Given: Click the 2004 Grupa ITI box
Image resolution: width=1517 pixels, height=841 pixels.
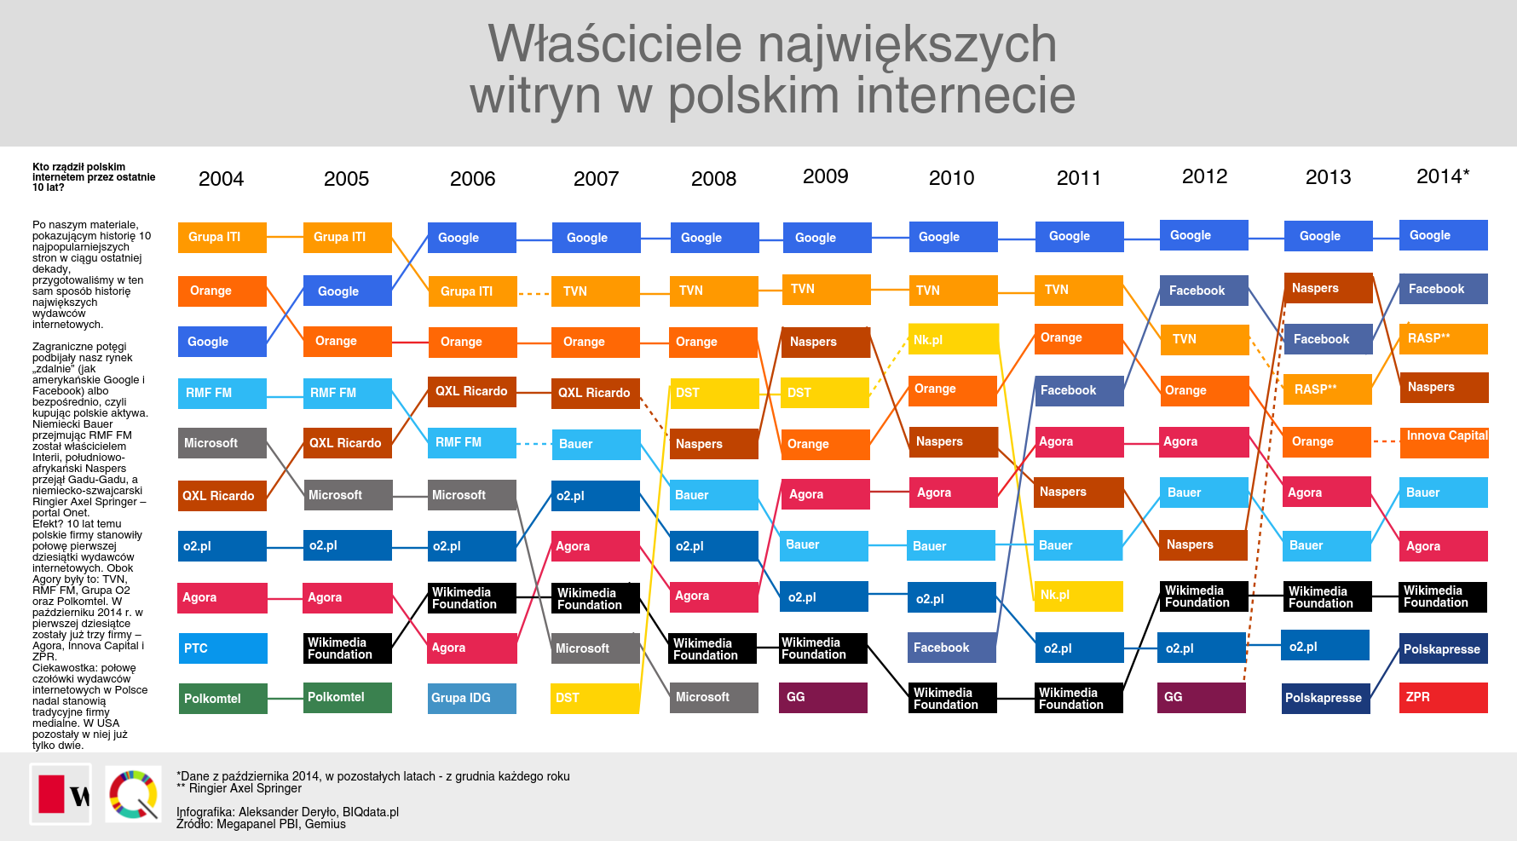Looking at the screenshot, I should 222,238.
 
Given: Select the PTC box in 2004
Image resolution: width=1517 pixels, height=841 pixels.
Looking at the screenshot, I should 222,648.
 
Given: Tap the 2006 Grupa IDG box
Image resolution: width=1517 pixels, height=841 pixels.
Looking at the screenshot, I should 471,698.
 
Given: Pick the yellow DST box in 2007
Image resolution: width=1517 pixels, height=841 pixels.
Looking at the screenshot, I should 595,698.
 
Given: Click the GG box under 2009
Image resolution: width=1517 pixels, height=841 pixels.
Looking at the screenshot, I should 822,698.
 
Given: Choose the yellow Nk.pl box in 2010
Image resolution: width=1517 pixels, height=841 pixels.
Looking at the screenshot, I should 953,339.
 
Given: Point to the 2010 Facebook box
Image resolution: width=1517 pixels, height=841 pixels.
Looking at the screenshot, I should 951,648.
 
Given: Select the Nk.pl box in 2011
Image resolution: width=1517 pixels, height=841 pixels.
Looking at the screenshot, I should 1078,596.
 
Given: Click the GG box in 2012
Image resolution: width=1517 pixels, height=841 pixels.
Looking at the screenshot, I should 1201,698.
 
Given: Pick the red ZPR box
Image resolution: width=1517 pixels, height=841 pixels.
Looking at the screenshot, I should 1443,698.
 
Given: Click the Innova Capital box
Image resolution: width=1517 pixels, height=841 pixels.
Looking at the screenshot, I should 1444,441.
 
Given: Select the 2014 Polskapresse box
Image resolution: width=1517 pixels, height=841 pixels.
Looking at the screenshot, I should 1443,648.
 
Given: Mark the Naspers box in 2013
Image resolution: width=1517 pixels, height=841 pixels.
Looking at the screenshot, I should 1327,289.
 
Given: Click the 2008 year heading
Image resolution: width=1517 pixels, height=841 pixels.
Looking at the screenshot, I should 713,179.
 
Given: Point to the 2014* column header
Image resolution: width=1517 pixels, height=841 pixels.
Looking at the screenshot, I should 1443,176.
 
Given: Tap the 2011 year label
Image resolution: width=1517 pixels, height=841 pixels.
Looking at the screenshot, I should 1078,178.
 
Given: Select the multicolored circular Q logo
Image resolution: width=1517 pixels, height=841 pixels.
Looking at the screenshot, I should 134,794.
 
